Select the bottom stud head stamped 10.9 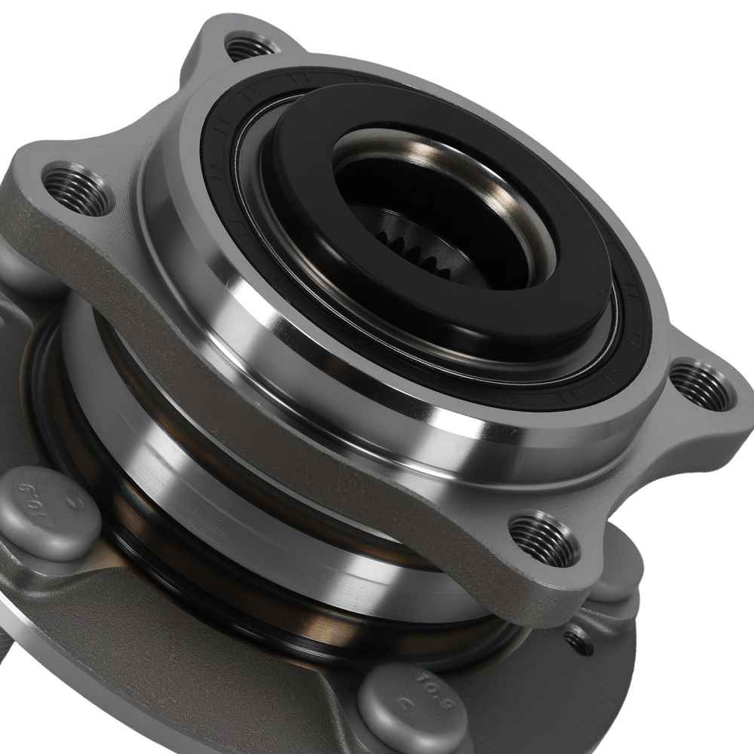click(408, 705)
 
